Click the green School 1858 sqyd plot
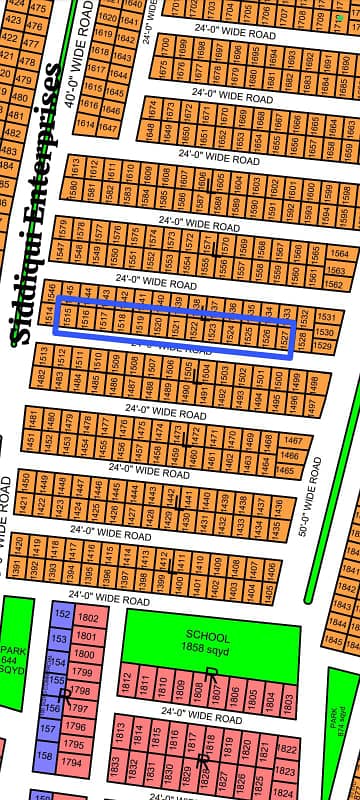210,642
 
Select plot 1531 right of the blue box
325,317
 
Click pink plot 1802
87,619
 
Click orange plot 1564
338,253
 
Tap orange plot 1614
84,125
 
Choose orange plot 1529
323,345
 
